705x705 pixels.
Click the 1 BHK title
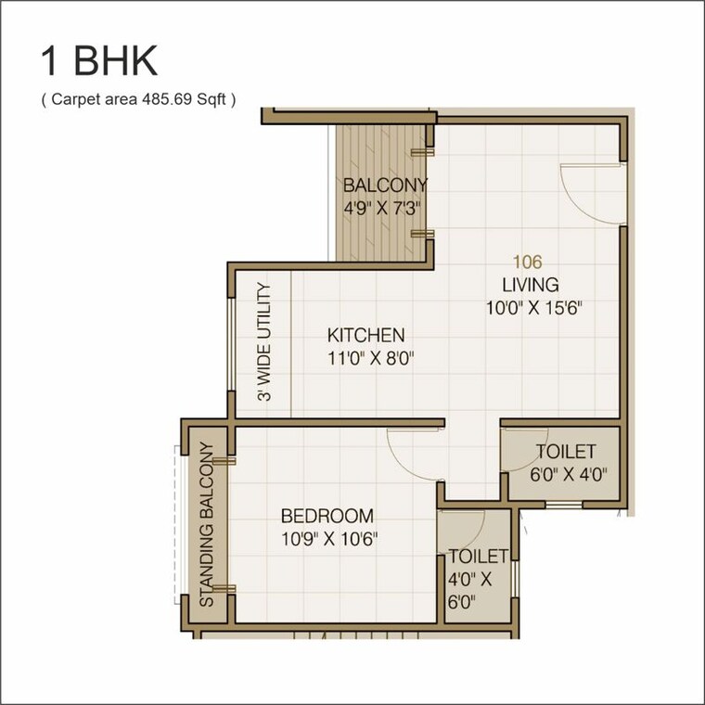(x=98, y=62)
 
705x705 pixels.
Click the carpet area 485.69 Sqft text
(x=138, y=99)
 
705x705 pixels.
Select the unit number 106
(x=530, y=263)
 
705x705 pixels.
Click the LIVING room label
(x=531, y=285)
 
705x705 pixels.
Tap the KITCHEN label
(x=366, y=335)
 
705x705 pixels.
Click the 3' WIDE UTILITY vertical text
(x=264, y=342)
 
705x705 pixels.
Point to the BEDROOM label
(x=327, y=516)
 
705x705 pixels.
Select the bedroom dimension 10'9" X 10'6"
(x=327, y=538)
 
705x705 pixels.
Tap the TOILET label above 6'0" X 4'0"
(x=565, y=453)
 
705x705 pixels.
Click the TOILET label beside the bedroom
(x=478, y=557)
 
